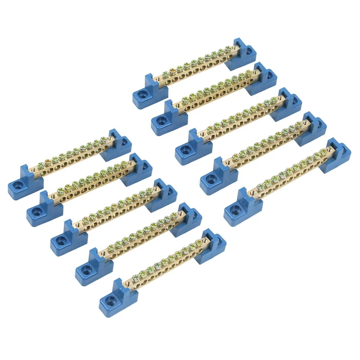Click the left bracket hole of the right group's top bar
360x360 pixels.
pos(143,95)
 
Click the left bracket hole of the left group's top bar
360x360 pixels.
pos(18,185)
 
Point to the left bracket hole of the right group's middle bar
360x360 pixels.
pos(185,145)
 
